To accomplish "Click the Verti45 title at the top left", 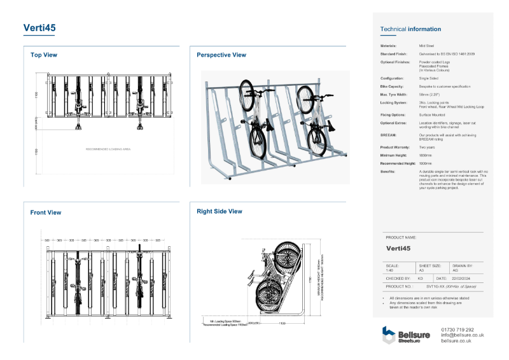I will (x=39, y=28).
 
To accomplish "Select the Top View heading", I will (x=44, y=55).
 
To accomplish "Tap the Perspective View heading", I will (x=221, y=55).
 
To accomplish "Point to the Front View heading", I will (x=46, y=212).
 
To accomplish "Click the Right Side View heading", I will (x=220, y=211).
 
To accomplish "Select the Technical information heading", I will (x=410, y=29).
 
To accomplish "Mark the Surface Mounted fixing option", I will (x=433, y=114).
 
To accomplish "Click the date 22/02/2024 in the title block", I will (x=462, y=279).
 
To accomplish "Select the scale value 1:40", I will (x=390, y=270).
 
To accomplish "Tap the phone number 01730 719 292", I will (x=457, y=329).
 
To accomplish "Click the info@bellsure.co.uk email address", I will (x=463, y=335).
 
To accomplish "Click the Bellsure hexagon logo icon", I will (x=389, y=334).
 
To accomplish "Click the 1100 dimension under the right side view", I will (x=281, y=324).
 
